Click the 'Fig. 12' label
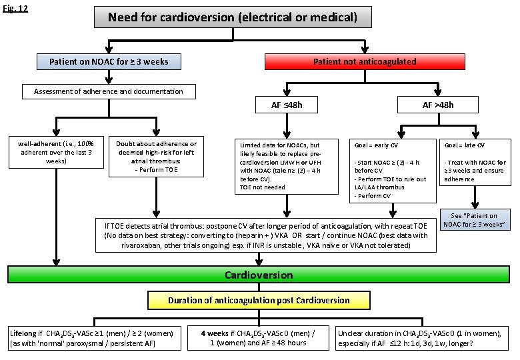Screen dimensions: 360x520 pos(14,9)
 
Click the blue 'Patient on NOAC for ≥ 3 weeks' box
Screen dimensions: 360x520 pos(109,62)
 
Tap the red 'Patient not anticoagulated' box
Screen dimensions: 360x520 pos(365,62)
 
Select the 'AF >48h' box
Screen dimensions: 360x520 pos(437,105)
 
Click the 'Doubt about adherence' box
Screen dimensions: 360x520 pos(155,157)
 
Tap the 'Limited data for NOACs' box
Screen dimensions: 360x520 pos(284,166)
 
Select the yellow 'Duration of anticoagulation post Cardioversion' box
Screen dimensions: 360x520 pos(258,300)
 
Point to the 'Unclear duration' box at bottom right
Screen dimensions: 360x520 pos(424,338)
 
